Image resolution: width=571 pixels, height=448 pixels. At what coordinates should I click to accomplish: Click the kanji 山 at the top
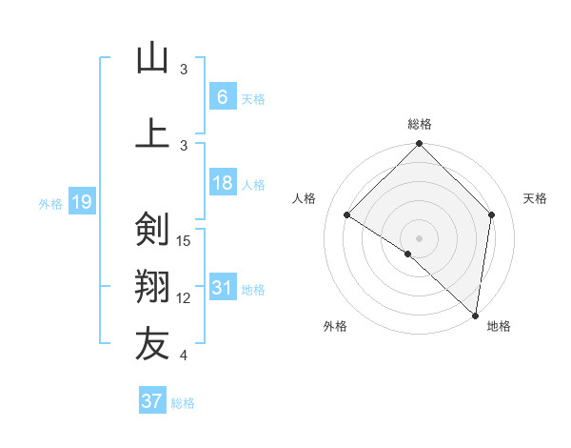(x=152, y=58)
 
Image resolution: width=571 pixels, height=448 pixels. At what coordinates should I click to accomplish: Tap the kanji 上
(x=152, y=132)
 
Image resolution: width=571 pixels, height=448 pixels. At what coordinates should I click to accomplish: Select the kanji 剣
(x=152, y=230)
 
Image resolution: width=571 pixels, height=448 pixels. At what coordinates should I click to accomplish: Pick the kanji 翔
(x=152, y=288)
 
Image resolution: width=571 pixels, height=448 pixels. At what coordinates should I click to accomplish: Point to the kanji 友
(x=152, y=344)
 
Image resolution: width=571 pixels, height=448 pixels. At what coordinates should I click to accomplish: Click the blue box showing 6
(x=222, y=96)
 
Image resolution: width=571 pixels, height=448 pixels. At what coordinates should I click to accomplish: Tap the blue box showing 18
(x=222, y=183)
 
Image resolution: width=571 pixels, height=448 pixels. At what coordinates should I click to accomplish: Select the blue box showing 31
(x=222, y=288)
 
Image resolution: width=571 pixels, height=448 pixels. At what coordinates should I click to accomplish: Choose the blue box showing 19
(x=81, y=201)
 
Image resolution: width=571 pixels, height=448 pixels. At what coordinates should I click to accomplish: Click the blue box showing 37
(x=152, y=401)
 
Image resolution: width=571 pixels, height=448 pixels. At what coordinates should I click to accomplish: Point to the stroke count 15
(x=185, y=240)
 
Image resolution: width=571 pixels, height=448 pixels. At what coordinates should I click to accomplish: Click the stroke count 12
(x=185, y=298)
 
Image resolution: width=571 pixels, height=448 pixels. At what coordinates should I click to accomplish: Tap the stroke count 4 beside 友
(x=184, y=356)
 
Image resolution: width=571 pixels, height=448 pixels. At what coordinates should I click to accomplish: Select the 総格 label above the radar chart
(x=419, y=124)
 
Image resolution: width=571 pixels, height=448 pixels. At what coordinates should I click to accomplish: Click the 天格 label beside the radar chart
(x=535, y=198)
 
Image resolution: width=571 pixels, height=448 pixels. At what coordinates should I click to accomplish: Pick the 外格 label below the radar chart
(x=335, y=327)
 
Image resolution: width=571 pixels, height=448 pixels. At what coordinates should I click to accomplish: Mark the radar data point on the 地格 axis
(x=475, y=315)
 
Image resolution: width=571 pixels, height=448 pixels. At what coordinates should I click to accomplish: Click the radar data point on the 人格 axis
(x=347, y=214)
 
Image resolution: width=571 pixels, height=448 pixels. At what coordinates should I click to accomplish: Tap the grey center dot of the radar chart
(x=419, y=237)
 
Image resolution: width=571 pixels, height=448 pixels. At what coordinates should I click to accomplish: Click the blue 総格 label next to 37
(x=183, y=403)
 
